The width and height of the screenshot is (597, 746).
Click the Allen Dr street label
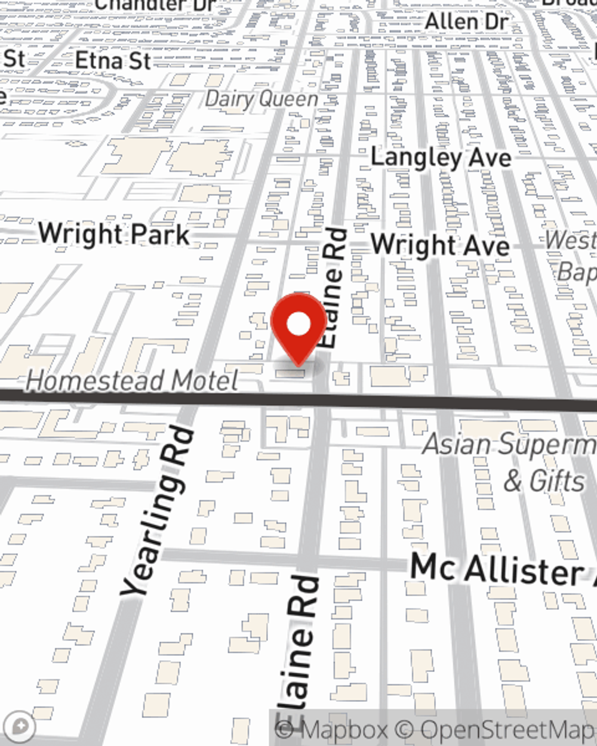pos(466,22)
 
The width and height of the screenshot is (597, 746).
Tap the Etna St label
pos(112,60)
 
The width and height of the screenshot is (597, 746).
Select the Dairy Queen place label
pos(261,99)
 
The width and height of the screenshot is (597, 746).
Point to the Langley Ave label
pos(441,158)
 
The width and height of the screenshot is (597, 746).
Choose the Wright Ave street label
pos(440,245)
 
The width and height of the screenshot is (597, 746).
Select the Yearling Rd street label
pos(158,510)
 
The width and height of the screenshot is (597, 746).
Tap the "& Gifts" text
pos(544,481)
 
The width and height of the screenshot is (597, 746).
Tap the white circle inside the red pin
pos(299,325)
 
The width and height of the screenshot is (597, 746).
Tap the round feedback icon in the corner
pos(22,726)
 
